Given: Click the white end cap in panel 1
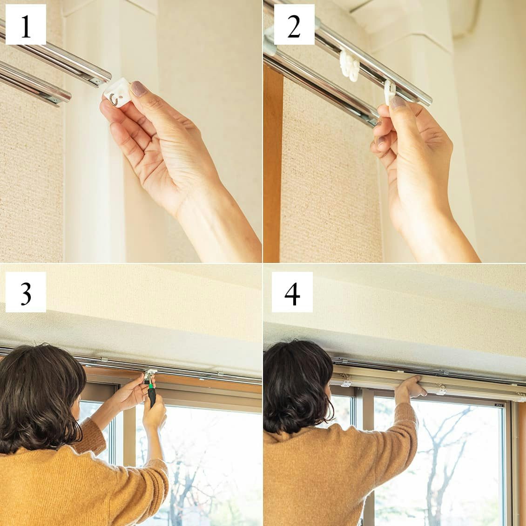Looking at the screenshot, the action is [x=117, y=93].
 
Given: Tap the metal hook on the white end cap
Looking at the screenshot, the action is [x=114, y=100].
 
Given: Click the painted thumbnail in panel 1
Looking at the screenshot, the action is [x=139, y=88].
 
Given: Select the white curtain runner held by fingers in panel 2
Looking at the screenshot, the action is [x=390, y=92].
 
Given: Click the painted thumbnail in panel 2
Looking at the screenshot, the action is [x=398, y=102].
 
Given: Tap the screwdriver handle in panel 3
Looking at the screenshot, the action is [x=152, y=397].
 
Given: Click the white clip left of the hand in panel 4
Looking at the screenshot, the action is [x=346, y=383].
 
